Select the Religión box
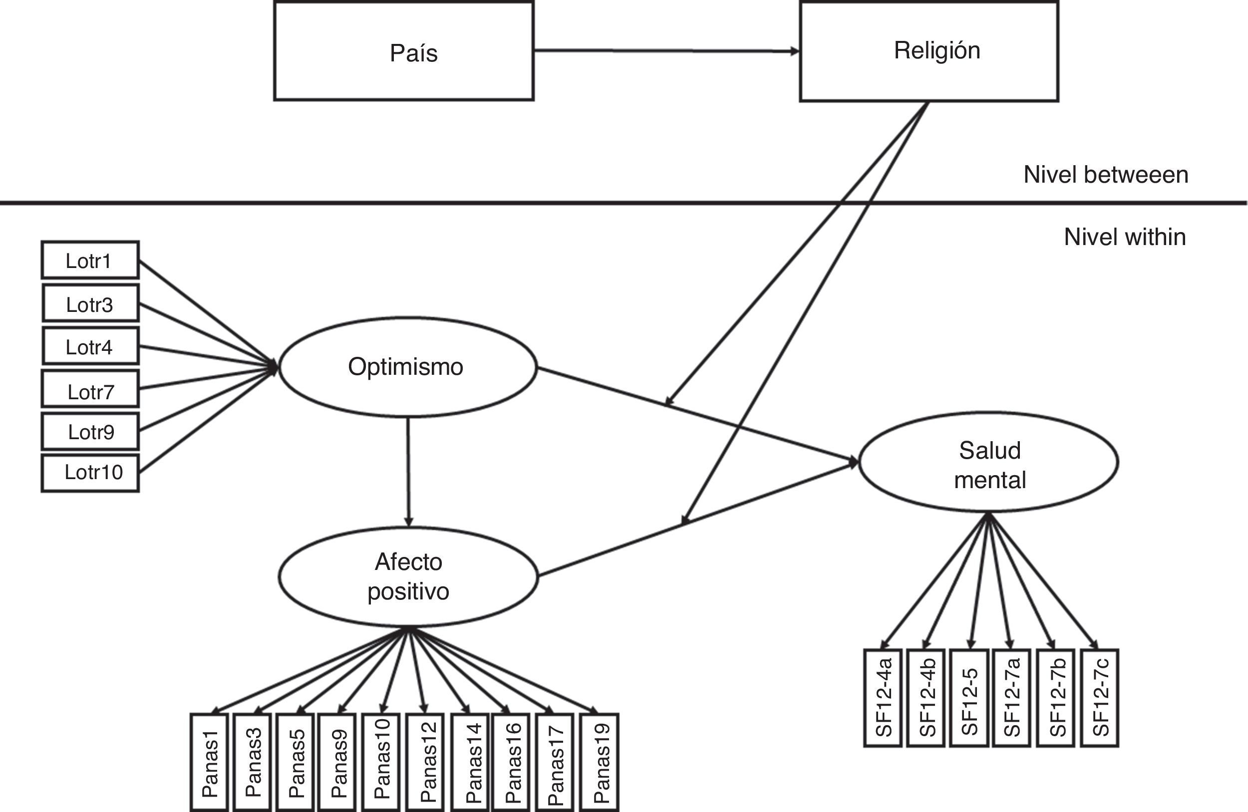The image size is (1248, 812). click(x=929, y=51)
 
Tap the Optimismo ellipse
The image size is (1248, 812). click(x=408, y=367)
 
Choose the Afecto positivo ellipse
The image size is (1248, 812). click(x=408, y=576)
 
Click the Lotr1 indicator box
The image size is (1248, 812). click(x=90, y=260)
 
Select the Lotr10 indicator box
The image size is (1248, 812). click(x=90, y=473)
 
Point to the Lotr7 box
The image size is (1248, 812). click(x=90, y=389)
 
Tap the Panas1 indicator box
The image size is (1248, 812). click(x=209, y=763)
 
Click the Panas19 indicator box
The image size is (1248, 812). click(x=600, y=763)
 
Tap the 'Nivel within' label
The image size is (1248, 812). click(x=1125, y=237)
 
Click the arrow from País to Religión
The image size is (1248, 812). click(x=666, y=51)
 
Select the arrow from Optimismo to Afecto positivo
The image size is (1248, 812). click(x=408, y=472)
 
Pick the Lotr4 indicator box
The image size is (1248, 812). click(x=90, y=346)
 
